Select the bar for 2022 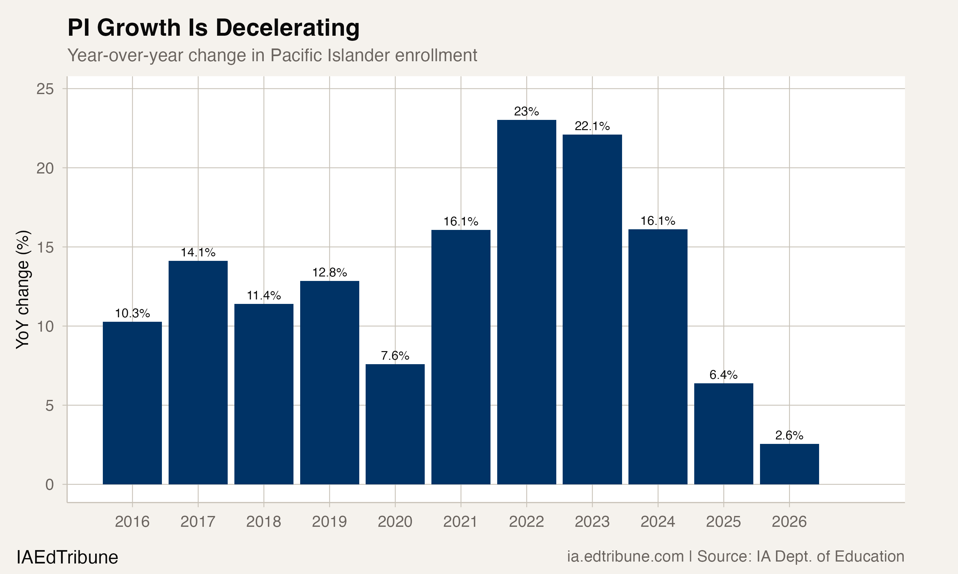coord(526,302)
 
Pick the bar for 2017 coord(198,372)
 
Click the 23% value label coord(526,111)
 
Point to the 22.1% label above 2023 coord(592,126)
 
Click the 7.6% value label coord(395,356)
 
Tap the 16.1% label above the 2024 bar coord(658,221)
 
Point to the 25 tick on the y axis coord(45,89)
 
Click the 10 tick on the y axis coord(45,327)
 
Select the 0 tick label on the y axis coord(49,485)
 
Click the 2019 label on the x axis coord(329,522)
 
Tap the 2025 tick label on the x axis coord(723,522)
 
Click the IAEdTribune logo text coord(67,557)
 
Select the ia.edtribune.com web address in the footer coord(625,556)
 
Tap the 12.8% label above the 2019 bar coord(329,273)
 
